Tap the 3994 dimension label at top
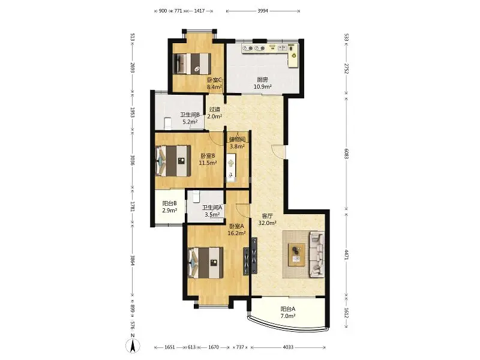point(263,11)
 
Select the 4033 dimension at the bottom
point(288,347)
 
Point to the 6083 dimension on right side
point(347,154)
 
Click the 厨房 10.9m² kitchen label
point(263,83)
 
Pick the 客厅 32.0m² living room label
point(267,220)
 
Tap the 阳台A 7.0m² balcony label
point(288,313)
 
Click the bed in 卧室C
point(192,64)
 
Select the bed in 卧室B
point(173,161)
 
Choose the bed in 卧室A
point(205,263)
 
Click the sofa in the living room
point(317,254)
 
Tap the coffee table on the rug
point(296,254)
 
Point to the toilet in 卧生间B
point(167,124)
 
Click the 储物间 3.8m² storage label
point(237,143)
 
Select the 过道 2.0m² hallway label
point(215,113)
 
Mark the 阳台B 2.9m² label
point(170,206)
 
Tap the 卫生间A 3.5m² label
point(212,211)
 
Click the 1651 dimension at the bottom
point(170,347)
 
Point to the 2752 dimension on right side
point(347,69)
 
